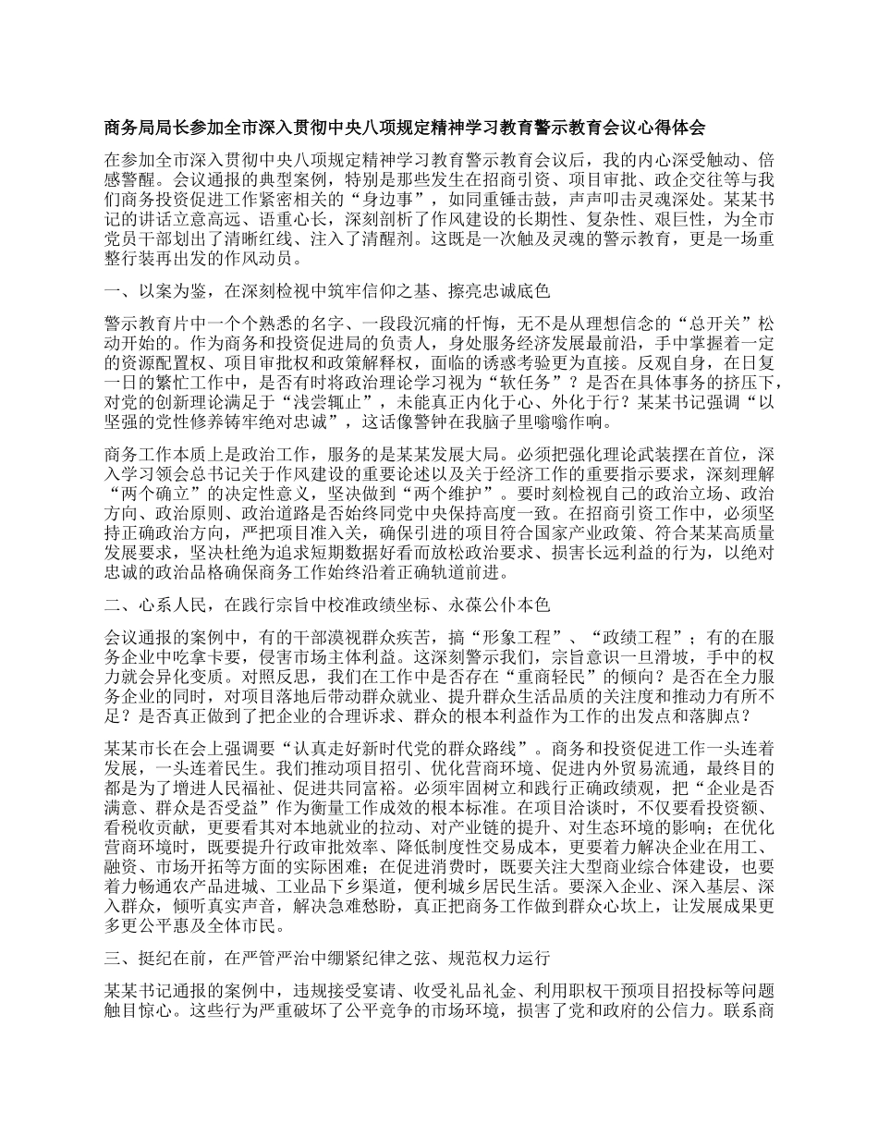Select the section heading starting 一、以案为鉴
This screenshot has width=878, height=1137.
pos(328,291)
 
